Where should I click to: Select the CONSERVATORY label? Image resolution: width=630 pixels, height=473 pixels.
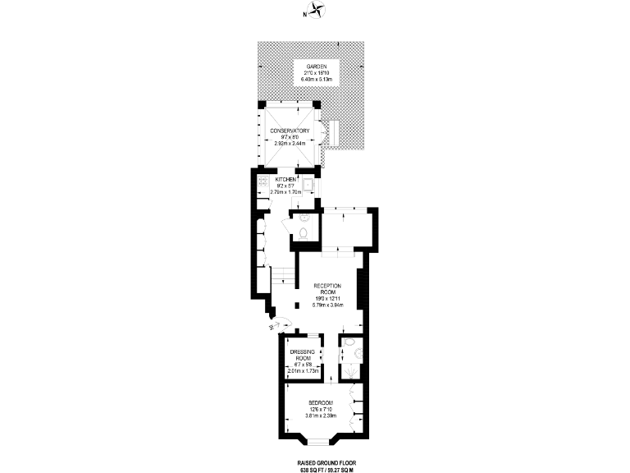coord(290,131)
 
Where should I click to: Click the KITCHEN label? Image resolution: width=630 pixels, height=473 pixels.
coord(285,179)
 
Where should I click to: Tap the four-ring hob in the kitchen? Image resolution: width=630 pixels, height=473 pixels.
coord(262,181)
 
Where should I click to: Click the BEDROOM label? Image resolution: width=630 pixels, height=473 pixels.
coord(321,402)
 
